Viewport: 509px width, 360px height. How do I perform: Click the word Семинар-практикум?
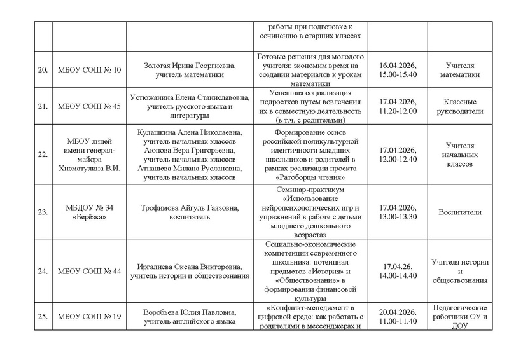pos(312,190)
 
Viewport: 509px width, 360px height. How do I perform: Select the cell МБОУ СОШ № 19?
pos(89,317)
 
